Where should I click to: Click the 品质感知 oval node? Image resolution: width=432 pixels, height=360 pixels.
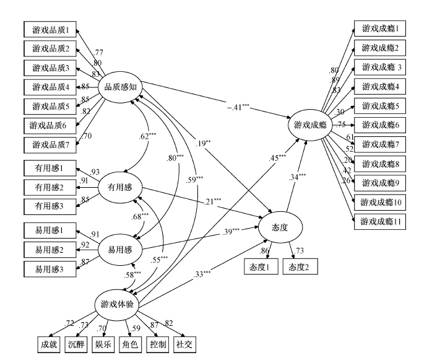point(120,87)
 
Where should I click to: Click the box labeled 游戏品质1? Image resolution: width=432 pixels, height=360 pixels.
point(51,29)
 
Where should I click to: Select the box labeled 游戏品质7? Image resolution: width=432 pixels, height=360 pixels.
point(51,144)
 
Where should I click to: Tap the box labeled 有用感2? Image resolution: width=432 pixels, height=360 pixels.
point(51,186)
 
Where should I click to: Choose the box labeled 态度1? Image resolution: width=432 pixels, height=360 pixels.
point(260,267)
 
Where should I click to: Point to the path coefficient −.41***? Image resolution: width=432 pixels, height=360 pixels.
point(237,107)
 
